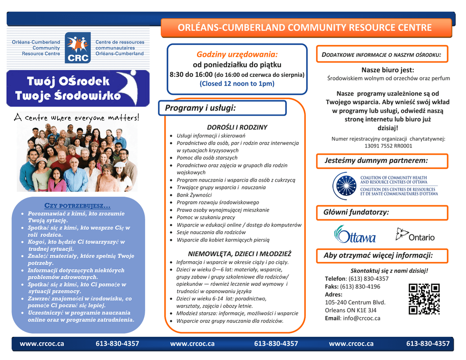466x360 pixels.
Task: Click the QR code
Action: click(424, 299)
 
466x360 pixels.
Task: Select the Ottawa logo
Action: click(355, 234)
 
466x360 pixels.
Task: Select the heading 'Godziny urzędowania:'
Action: click(237, 54)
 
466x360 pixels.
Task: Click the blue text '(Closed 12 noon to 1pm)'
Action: click(237, 83)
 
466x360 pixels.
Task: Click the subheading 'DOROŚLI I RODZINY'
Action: click(237, 127)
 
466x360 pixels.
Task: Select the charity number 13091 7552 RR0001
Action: click(388, 146)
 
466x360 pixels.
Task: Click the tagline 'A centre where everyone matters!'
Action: click(76, 118)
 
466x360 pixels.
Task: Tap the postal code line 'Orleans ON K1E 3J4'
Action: click(350, 310)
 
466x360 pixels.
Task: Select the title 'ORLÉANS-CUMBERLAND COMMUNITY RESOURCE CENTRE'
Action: click(304, 28)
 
